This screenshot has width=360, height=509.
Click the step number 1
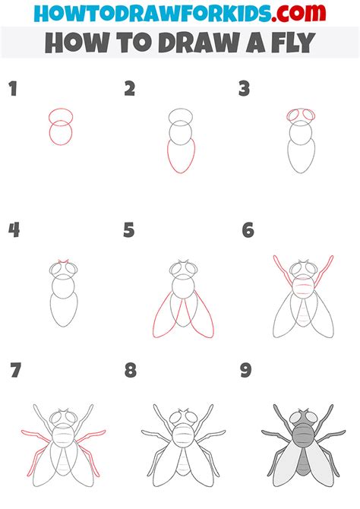(13, 89)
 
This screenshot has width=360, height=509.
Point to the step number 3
(244, 89)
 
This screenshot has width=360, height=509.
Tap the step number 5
(129, 230)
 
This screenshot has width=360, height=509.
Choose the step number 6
(248, 230)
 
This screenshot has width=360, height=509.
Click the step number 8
(131, 370)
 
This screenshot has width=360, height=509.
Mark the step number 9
(246, 370)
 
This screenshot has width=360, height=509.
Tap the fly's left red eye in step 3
(293, 115)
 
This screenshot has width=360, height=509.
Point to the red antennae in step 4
(63, 261)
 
